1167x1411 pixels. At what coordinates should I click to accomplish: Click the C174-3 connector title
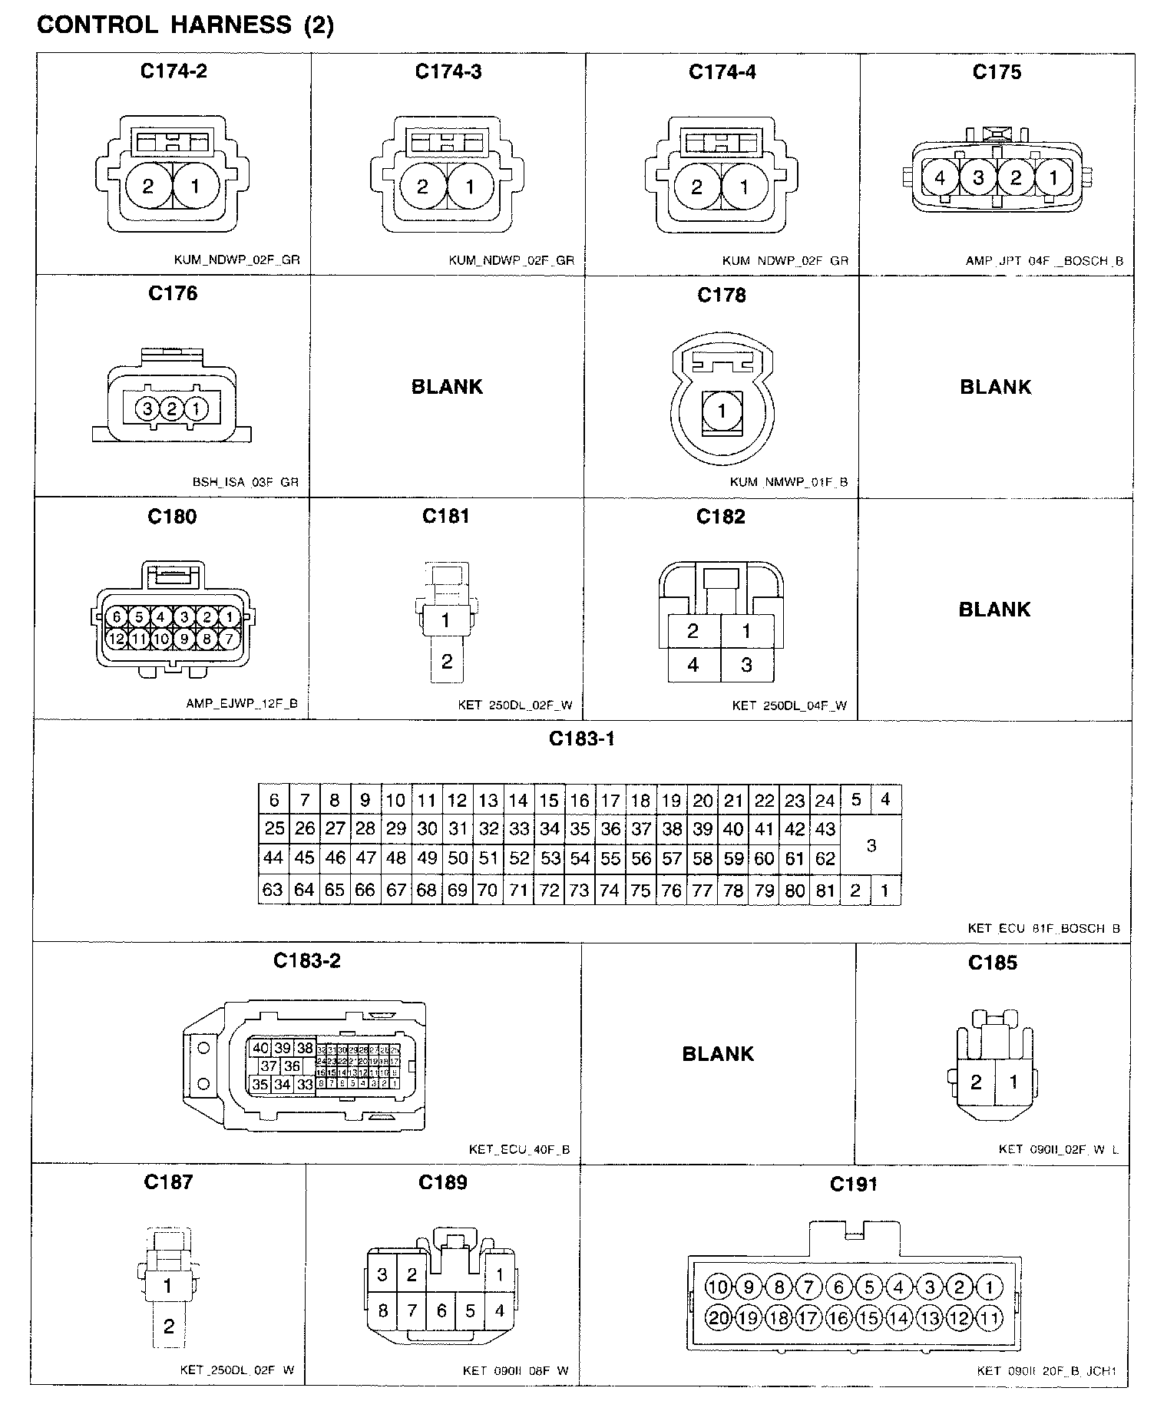[x=448, y=71]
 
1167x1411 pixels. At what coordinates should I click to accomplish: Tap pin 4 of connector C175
[x=941, y=178]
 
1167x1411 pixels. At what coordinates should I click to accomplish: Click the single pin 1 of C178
[x=722, y=411]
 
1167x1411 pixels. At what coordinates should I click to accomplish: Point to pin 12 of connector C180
[x=117, y=638]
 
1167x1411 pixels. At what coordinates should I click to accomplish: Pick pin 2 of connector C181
[x=447, y=661]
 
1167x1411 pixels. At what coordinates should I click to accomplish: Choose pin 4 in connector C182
[x=693, y=664]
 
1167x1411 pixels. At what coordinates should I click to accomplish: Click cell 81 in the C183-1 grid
[x=825, y=891]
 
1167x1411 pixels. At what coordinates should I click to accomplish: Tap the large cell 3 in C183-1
[x=871, y=845]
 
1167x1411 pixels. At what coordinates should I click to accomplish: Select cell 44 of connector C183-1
[x=273, y=858]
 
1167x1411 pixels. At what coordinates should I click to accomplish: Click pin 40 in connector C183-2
[x=260, y=1048]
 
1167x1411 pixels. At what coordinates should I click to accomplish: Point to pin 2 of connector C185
[x=976, y=1082]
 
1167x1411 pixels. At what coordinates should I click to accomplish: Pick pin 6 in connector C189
[x=441, y=1310]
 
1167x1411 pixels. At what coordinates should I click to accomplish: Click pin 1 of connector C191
[x=990, y=1287]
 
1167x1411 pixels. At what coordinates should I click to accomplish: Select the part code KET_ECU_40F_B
[x=519, y=1149]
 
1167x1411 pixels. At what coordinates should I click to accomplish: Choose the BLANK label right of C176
[x=447, y=386]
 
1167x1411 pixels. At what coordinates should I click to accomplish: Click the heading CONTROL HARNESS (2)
[x=185, y=25]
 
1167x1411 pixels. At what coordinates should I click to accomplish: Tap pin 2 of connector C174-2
[x=148, y=186]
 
